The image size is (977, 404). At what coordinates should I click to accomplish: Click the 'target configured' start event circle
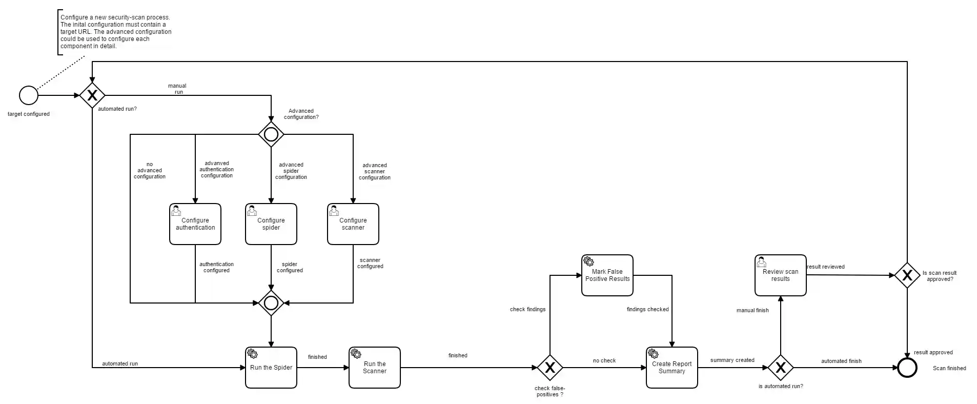29,95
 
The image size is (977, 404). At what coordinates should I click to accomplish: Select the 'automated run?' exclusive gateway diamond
92,95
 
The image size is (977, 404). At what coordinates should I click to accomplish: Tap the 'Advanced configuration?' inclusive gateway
271,134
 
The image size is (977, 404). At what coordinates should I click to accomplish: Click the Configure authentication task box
195,224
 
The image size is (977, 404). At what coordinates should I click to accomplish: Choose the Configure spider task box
271,224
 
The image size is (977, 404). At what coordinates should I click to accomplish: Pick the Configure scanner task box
353,224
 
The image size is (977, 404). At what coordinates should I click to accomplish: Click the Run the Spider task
271,368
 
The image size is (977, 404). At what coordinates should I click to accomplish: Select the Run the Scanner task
375,368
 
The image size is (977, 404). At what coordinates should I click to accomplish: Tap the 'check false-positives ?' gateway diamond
550,368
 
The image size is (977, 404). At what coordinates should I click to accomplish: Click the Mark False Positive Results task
607,275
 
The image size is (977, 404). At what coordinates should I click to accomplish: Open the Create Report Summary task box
672,368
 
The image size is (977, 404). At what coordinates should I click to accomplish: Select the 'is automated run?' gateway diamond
781,368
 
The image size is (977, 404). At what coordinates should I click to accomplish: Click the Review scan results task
781,275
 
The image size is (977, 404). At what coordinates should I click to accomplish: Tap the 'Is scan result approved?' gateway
907,275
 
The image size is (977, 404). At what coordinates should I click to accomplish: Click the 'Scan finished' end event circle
907,368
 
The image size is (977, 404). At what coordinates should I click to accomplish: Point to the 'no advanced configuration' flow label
150,171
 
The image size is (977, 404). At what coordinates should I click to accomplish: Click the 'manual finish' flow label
752,310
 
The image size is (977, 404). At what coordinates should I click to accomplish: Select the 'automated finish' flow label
841,361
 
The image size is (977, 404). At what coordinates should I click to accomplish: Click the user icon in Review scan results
762,262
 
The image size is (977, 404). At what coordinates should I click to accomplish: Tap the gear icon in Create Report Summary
653,354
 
